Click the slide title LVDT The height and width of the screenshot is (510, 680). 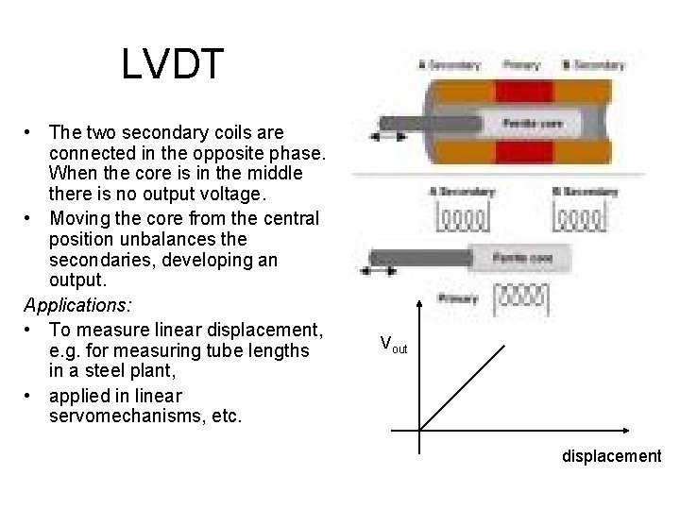[173, 64]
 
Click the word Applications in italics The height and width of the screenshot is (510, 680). [77, 306]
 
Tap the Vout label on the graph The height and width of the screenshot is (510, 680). [394, 344]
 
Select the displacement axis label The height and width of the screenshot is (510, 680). [611, 456]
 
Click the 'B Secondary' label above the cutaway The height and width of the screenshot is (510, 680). [593, 65]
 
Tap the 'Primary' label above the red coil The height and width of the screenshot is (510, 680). [521, 65]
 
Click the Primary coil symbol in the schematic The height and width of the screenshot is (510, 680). [521, 299]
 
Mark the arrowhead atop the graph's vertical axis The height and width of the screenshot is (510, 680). [420, 304]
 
